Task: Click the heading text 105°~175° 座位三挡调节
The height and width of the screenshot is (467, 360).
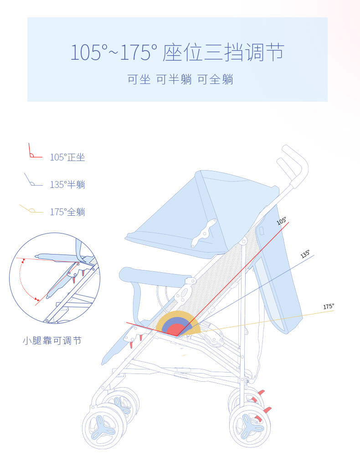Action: click(177, 52)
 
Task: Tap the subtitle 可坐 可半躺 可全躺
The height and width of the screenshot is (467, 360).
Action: click(180, 79)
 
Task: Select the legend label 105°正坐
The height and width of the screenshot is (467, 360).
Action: click(67, 157)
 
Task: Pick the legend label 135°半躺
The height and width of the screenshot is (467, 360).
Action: click(67, 185)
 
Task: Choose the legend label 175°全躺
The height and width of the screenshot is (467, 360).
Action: click(67, 212)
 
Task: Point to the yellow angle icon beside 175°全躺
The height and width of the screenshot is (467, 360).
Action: click(30, 210)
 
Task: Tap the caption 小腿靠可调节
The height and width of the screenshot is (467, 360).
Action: click(52, 341)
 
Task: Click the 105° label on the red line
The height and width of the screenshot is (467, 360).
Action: click(282, 221)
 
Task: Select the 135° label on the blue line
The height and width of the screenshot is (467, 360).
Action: click(305, 254)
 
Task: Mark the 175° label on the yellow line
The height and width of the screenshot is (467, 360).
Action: click(329, 306)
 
